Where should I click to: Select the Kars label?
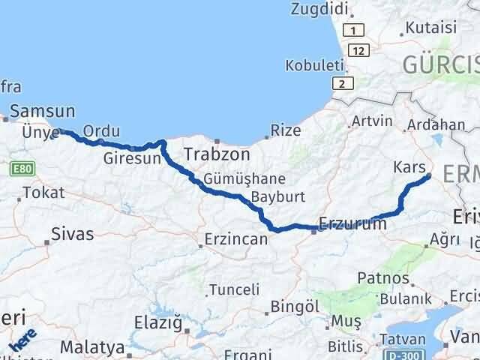(409, 167)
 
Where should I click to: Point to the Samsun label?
(44, 112)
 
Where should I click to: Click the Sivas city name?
(73, 234)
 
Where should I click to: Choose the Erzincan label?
(237, 240)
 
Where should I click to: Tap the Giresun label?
(132, 159)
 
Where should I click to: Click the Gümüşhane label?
(244, 179)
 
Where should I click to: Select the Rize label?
(285, 130)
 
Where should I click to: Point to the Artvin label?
(372, 121)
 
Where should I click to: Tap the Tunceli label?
(234, 289)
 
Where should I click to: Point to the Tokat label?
(38, 193)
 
